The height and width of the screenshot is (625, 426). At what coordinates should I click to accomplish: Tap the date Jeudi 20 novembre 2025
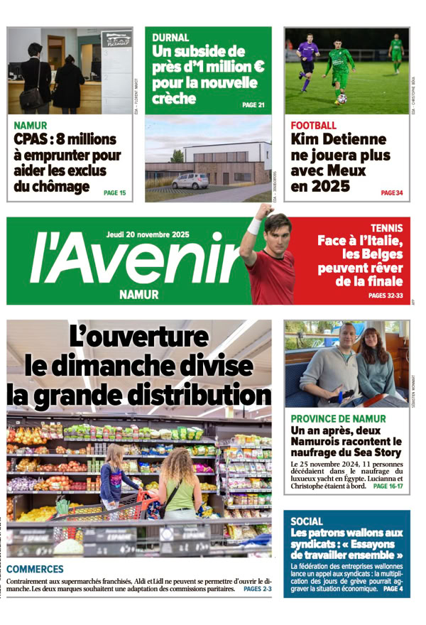click(x=148, y=234)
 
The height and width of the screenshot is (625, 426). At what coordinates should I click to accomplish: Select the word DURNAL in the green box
click(x=170, y=38)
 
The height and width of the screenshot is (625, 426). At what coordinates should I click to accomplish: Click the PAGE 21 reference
click(x=253, y=105)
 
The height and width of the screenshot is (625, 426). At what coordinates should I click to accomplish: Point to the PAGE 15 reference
click(x=114, y=192)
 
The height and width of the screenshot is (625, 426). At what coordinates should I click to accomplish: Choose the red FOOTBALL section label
click(x=313, y=126)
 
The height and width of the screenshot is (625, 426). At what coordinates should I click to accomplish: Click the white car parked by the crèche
click(x=190, y=180)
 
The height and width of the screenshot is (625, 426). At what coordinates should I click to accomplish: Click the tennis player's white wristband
click(x=254, y=227)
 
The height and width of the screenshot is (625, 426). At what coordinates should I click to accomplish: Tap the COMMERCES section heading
click(x=35, y=569)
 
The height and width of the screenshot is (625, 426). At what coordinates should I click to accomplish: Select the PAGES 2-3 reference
click(x=257, y=589)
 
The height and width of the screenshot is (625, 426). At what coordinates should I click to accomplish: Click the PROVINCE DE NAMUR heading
click(x=338, y=419)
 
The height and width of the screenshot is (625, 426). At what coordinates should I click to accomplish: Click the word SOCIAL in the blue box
click(x=307, y=521)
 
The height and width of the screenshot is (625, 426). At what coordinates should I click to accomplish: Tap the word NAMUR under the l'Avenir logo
click(x=139, y=294)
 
